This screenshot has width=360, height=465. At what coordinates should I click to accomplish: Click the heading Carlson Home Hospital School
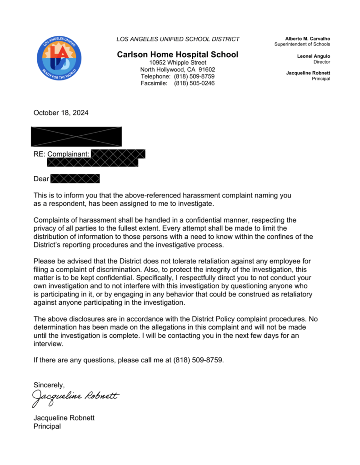click(177, 54)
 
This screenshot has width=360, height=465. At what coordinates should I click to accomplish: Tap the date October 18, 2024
click(61, 113)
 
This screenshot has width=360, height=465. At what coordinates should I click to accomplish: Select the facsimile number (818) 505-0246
click(194, 83)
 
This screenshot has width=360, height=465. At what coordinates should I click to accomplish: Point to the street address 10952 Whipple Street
click(178, 62)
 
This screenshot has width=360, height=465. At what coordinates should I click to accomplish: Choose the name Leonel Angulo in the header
click(313, 56)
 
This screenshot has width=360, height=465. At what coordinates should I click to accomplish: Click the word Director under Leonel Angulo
click(321, 62)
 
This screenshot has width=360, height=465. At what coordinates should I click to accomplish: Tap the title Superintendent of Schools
click(302, 44)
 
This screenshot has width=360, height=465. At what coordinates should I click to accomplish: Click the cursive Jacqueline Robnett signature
click(75, 397)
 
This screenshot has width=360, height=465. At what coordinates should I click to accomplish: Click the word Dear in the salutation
click(41, 179)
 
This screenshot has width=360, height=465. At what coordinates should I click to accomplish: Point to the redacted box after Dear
click(75, 178)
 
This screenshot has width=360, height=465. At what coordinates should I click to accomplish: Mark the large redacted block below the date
click(76, 136)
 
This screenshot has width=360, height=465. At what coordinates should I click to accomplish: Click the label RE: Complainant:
click(61, 154)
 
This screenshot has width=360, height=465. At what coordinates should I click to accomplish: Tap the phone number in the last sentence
click(198, 360)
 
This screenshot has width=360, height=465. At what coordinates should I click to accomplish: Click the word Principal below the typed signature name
click(47, 426)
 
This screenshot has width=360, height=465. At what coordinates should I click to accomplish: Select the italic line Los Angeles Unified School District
click(178, 39)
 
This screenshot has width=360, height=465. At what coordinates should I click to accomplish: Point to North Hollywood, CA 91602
click(178, 69)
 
